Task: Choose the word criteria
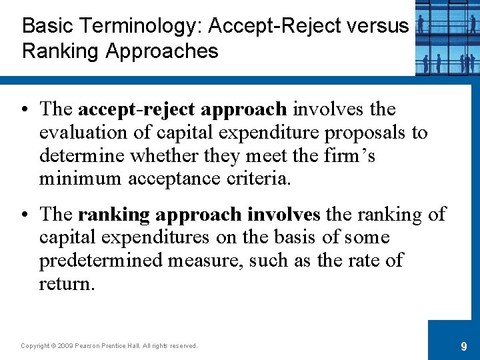point(258,179)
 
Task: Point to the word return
point(67,284)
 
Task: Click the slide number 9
point(463,346)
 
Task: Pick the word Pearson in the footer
point(89,345)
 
